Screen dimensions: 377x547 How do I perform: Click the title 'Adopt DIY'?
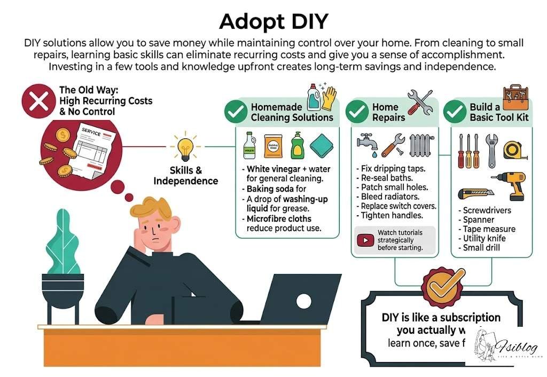[273, 21]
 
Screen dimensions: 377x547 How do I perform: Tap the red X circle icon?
[38, 102]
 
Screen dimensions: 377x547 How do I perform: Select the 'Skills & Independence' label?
[186, 176]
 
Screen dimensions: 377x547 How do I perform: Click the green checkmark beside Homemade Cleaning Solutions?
[235, 112]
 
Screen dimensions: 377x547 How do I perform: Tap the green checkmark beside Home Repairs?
[357, 112]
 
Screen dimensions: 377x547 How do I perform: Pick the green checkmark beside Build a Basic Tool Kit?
[455, 112]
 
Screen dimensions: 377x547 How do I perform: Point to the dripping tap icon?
[367, 144]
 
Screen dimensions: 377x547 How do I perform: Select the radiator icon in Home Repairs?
[421, 146]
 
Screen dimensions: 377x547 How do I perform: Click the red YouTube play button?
[366, 240]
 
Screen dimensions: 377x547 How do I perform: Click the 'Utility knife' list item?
[483, 238]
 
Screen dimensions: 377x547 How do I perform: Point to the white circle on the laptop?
[303, 301]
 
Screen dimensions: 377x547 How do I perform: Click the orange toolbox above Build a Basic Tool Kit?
[515, 96]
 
